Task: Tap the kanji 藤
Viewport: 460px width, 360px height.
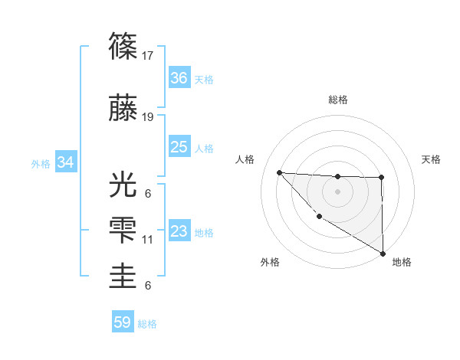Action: coord(123,110)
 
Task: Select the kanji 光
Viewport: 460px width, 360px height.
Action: coord(123,186)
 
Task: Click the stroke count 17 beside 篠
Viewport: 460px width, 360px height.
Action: coord(149,56)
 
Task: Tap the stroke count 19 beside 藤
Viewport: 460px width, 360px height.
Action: coord(149,117)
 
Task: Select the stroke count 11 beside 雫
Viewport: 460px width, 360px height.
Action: coord(149,240)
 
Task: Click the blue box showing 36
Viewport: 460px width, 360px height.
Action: coord(179,78)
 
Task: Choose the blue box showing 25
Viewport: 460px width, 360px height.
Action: coord(179,147)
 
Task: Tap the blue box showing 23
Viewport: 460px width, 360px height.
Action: coord(179,231)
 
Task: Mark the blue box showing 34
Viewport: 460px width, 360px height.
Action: coord(66,162)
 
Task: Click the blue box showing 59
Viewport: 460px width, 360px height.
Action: coord(123,322)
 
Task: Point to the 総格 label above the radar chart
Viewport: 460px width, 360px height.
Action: coord(337,100)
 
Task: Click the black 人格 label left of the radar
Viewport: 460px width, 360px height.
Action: coord(245,159)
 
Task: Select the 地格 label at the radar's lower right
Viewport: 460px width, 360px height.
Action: coord(402,262)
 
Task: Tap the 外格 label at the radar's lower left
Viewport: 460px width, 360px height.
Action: coord(271,262)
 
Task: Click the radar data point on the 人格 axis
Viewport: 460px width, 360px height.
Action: coord(279,172)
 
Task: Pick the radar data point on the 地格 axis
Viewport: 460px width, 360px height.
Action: coord(383,254)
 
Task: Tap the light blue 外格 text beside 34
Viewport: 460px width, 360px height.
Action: coord(41,163)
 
